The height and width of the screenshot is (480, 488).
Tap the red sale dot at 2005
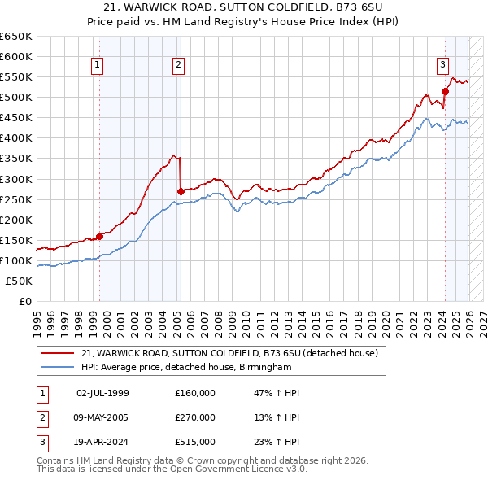pos(181,191)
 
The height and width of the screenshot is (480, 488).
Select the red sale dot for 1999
pos(99,236)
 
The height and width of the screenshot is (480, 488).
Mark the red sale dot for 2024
pos(445,91)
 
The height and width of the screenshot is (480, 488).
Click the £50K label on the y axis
pos(19,281)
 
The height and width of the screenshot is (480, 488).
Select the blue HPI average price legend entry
pos(186,368)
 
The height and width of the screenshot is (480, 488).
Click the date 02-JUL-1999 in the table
pos(102,393)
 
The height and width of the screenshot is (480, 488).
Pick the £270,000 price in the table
pos(195,417)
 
